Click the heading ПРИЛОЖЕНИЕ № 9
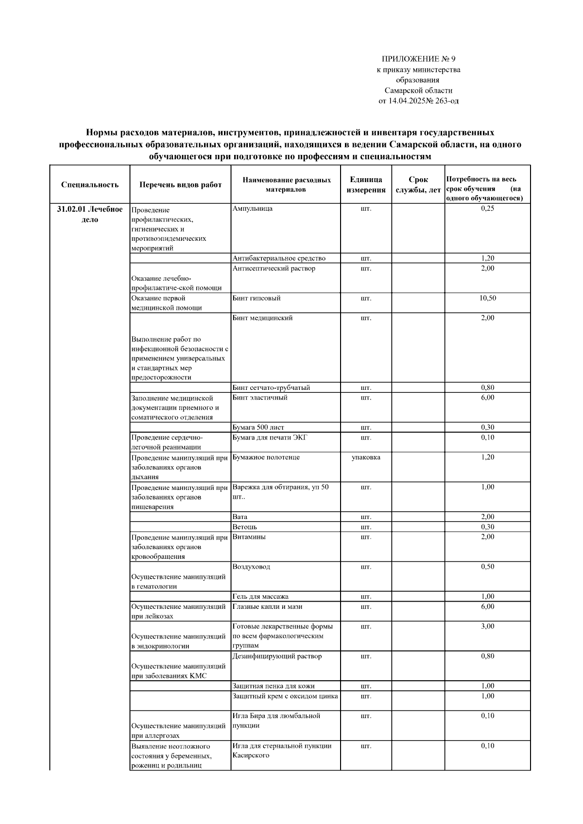point(418,59)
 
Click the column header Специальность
point(90,185)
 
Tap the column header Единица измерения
point(366,185)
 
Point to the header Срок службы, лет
point(418,185)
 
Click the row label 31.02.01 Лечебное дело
point(90,214)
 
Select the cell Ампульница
point(253,208)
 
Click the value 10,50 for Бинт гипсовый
point(487,298)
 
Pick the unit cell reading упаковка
point(366,457)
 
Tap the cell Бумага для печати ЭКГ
point(270,437)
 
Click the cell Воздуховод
point(251,567)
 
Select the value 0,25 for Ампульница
point(487,208)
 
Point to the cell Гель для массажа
point(260,597)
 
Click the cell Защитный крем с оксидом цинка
point(285,696)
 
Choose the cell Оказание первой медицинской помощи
point(167,303)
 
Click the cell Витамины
point(249,537)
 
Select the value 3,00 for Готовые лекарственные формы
point(487,626)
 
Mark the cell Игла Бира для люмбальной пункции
point(276,721)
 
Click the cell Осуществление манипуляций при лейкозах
point(178,611)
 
